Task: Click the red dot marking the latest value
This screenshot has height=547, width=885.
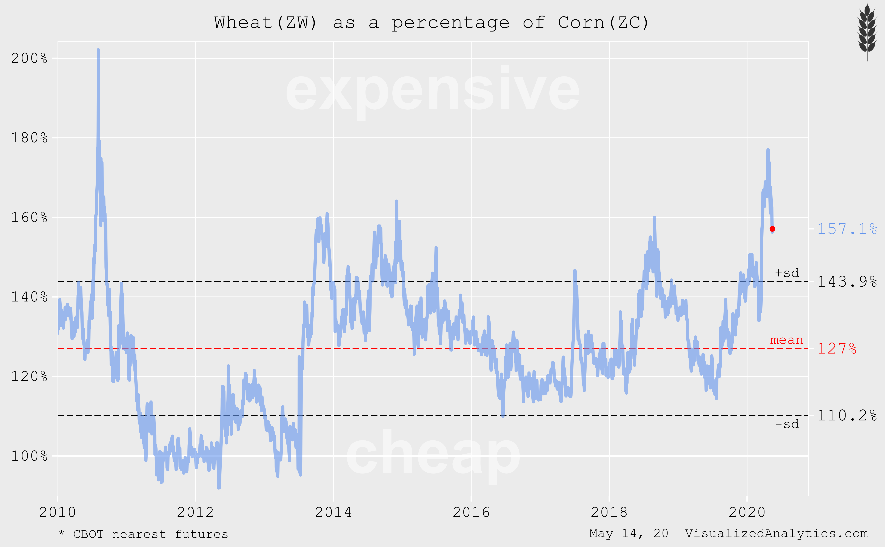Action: click(772, 229)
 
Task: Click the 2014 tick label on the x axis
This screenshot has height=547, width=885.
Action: click(333, 512)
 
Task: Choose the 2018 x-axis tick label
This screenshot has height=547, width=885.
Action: click(609, 512)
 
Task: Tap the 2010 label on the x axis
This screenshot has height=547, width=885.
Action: click(58, 512)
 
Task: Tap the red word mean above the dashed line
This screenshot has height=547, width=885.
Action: click(786, 340)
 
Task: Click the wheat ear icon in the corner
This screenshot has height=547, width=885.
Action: click(867, 31)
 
